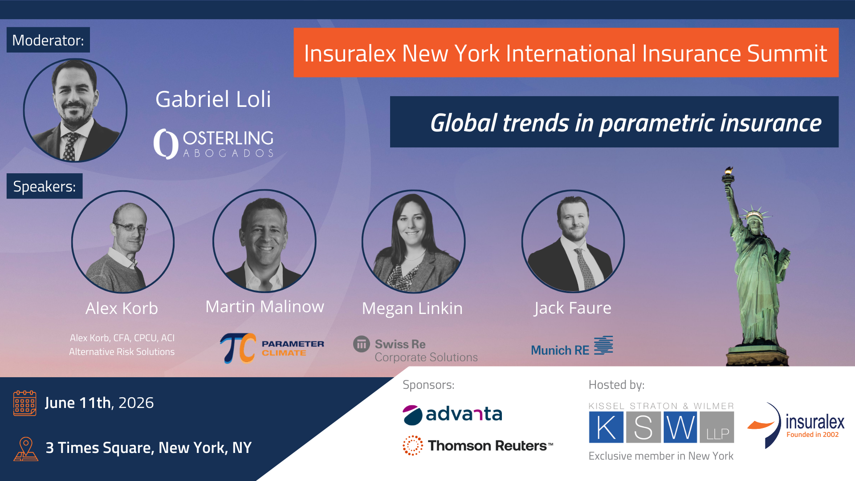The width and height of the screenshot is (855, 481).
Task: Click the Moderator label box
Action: [48, 40]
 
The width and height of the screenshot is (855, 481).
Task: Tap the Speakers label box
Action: [45, 186]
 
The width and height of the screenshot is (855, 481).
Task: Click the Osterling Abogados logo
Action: [214, 144]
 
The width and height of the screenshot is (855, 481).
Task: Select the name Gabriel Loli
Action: [213, 99]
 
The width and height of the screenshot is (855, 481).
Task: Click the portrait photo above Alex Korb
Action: [123, 242]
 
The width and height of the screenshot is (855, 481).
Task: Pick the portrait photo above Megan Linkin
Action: [414, 242]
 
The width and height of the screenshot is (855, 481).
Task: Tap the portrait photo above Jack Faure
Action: [573, 242]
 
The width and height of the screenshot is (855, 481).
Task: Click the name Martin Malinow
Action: [265, 306]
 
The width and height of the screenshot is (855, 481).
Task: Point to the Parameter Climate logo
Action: [272, 348]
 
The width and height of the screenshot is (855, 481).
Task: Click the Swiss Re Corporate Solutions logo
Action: [415, 350]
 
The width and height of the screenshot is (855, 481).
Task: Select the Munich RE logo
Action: [572, 346]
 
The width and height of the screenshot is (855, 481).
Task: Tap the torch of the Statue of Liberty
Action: [728, 175]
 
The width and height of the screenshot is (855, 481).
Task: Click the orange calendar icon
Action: [25, 403]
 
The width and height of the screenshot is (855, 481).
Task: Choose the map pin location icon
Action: [26, 448]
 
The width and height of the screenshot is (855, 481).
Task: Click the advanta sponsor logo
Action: [452, 415]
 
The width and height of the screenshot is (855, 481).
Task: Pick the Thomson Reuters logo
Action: [478, 445]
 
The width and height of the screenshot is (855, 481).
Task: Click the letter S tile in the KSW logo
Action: [643, 427]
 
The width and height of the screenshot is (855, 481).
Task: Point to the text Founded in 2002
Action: [813, 435]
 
